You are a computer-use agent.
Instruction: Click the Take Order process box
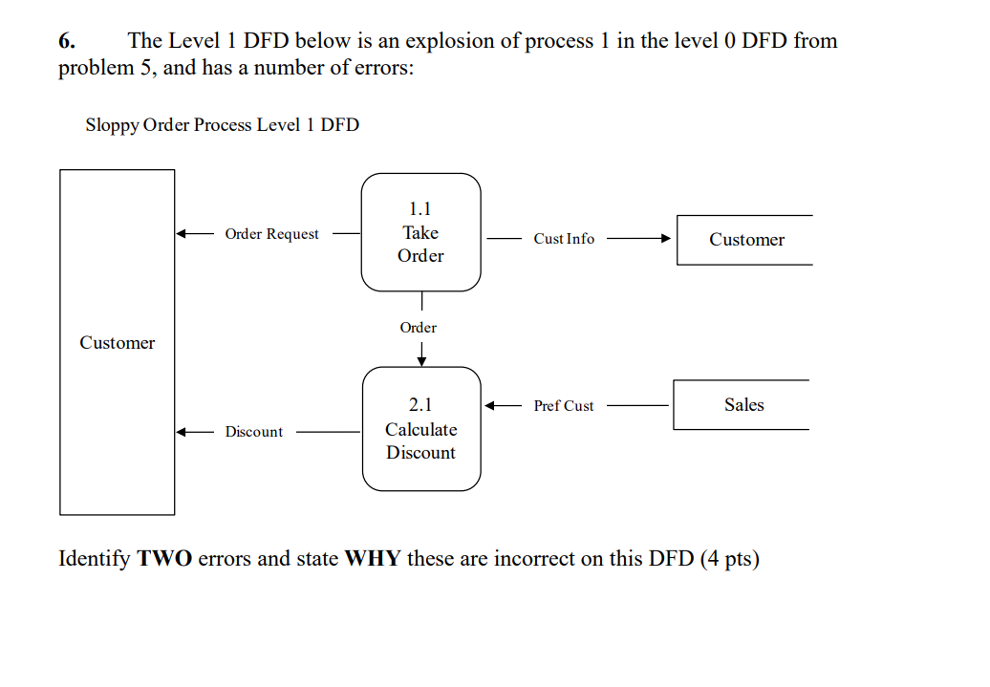420,232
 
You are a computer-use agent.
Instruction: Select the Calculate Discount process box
421,429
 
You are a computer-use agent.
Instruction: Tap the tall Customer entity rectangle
117,342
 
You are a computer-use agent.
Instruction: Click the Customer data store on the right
745,240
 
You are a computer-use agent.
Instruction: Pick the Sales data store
742,405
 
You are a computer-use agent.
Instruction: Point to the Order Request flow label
271,234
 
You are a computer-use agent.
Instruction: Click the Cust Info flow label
564,239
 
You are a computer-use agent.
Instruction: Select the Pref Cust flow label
564,406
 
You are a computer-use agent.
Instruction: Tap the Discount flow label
253,432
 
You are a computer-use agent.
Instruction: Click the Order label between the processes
419,328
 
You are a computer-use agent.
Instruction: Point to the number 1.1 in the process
420,208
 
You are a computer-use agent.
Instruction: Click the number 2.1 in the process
420,405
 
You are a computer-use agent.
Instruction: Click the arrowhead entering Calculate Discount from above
421,360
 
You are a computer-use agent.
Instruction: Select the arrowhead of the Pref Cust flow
491,406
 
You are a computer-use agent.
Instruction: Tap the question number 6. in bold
67,41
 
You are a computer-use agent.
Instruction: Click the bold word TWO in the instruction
164,559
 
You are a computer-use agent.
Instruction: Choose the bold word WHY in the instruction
372,559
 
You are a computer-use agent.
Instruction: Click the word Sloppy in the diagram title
111,125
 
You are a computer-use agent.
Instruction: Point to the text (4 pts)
729,559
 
